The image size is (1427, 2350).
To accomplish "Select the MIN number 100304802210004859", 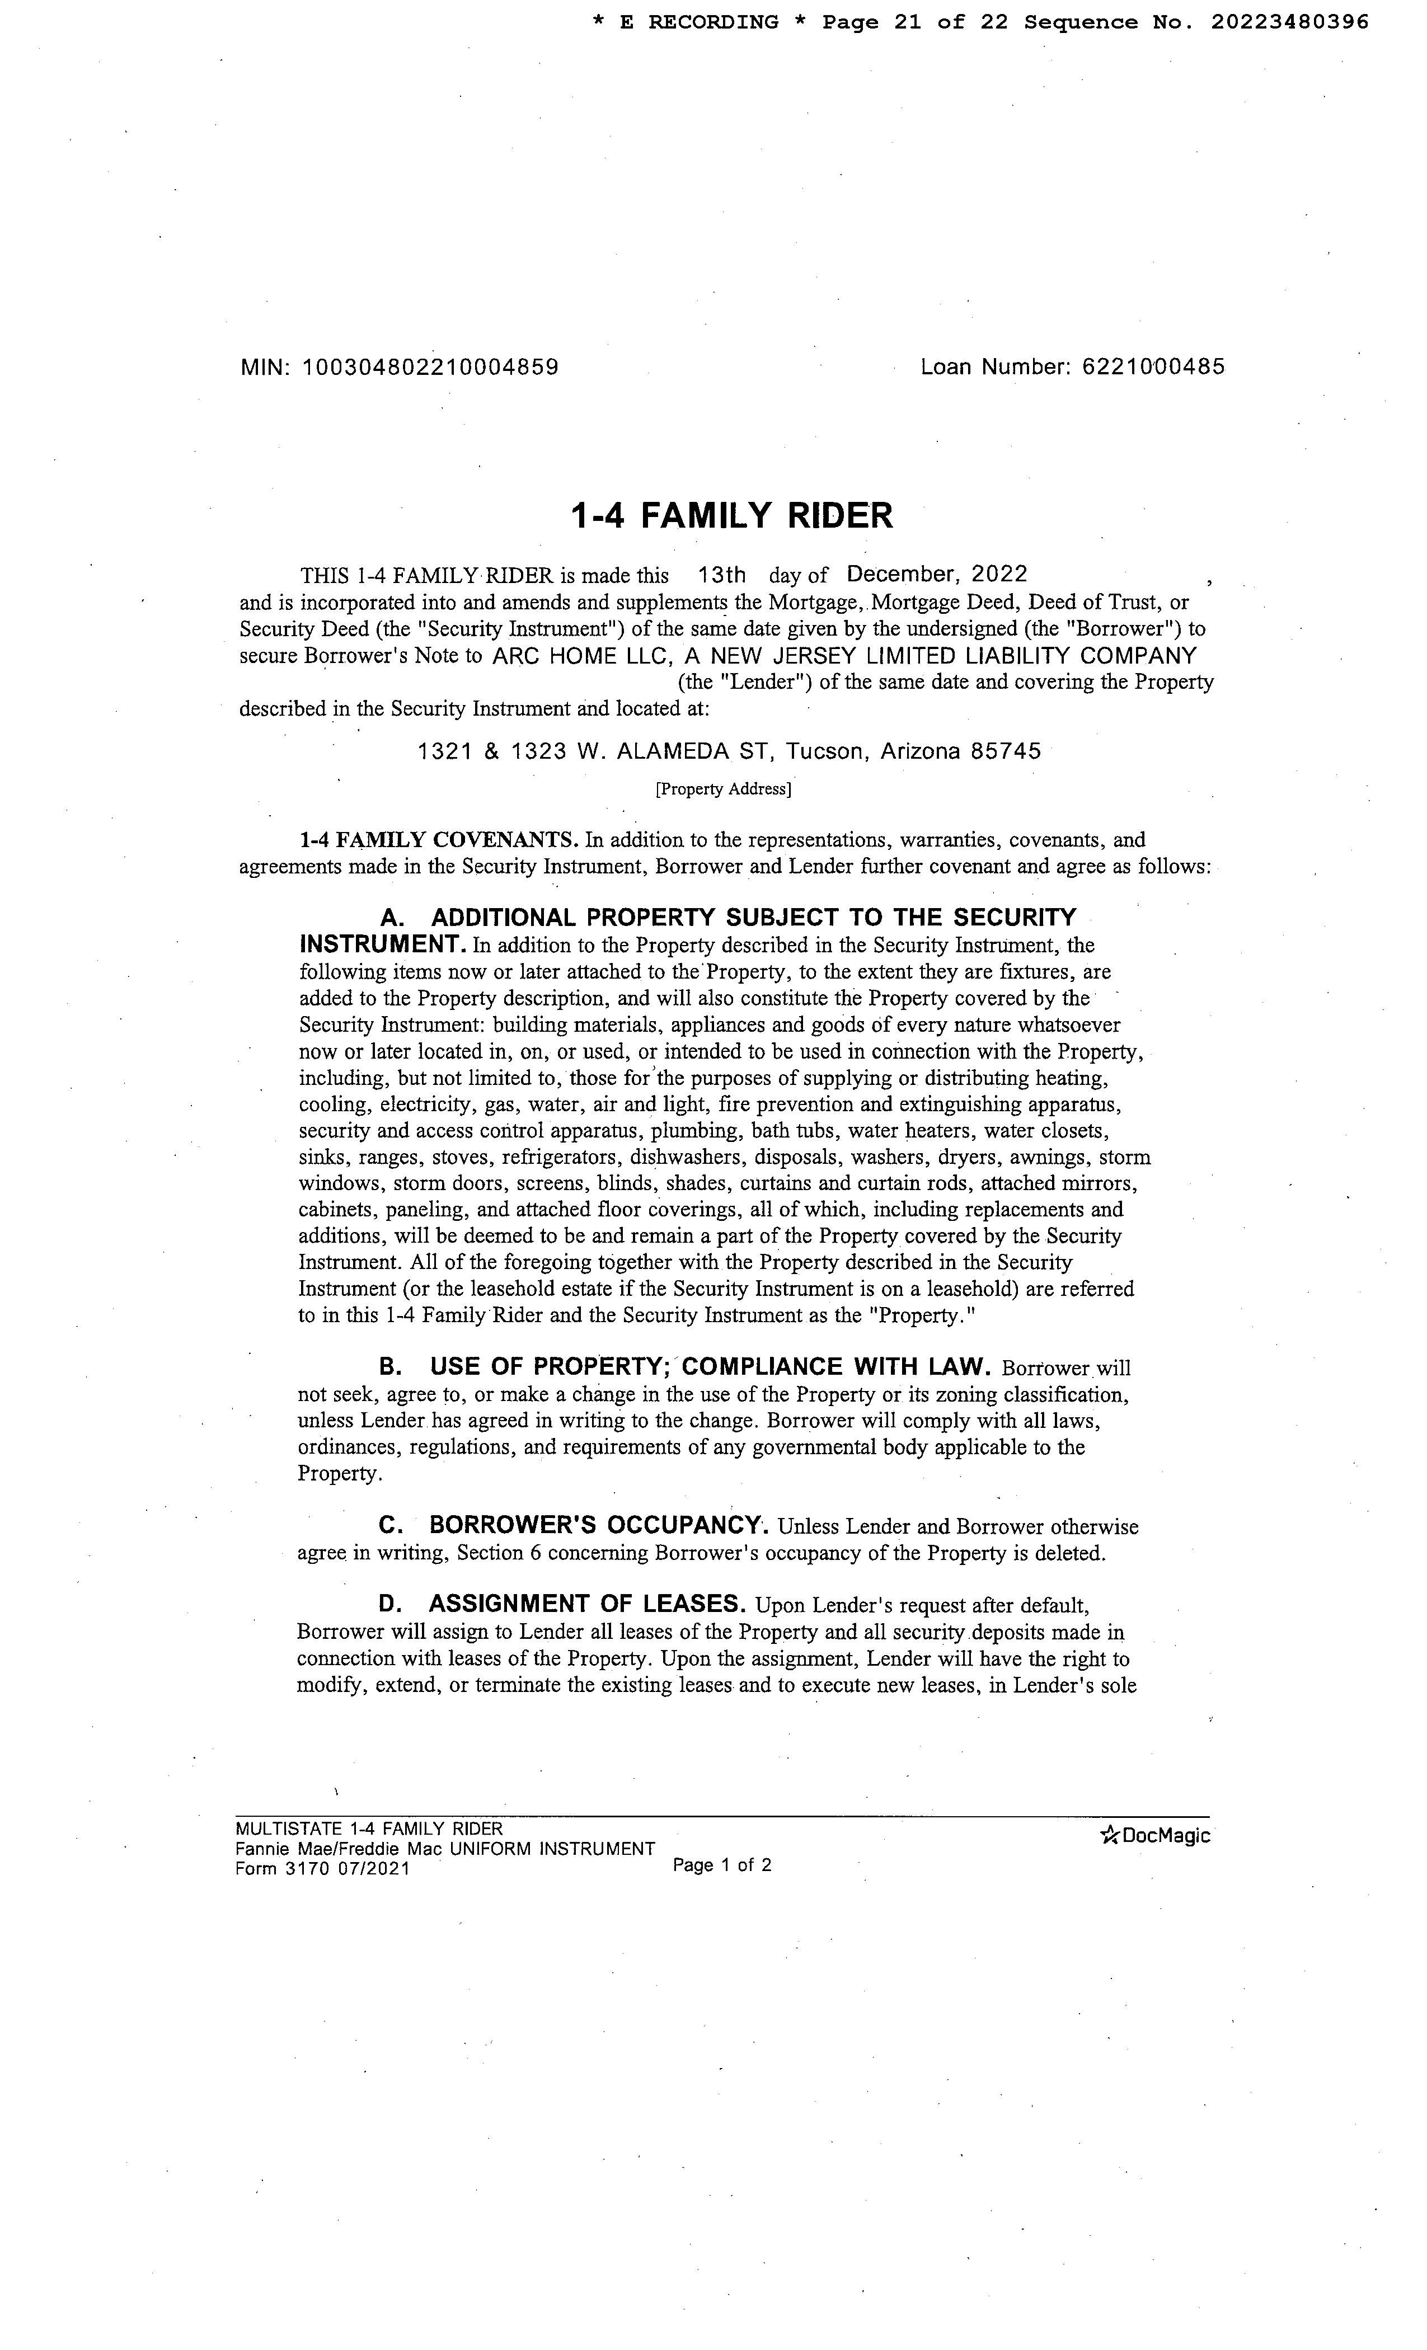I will coord(430,367).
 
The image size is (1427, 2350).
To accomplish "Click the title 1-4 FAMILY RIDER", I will coord(731,516).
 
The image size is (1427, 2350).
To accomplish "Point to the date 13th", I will coord(721,575).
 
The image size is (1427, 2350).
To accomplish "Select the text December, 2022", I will coord(937,574).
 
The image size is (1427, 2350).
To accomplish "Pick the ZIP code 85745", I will coord(1006,751).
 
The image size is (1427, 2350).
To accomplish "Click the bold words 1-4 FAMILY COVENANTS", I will coord(439,840).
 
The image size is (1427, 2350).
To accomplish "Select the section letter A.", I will coord(391,918).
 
